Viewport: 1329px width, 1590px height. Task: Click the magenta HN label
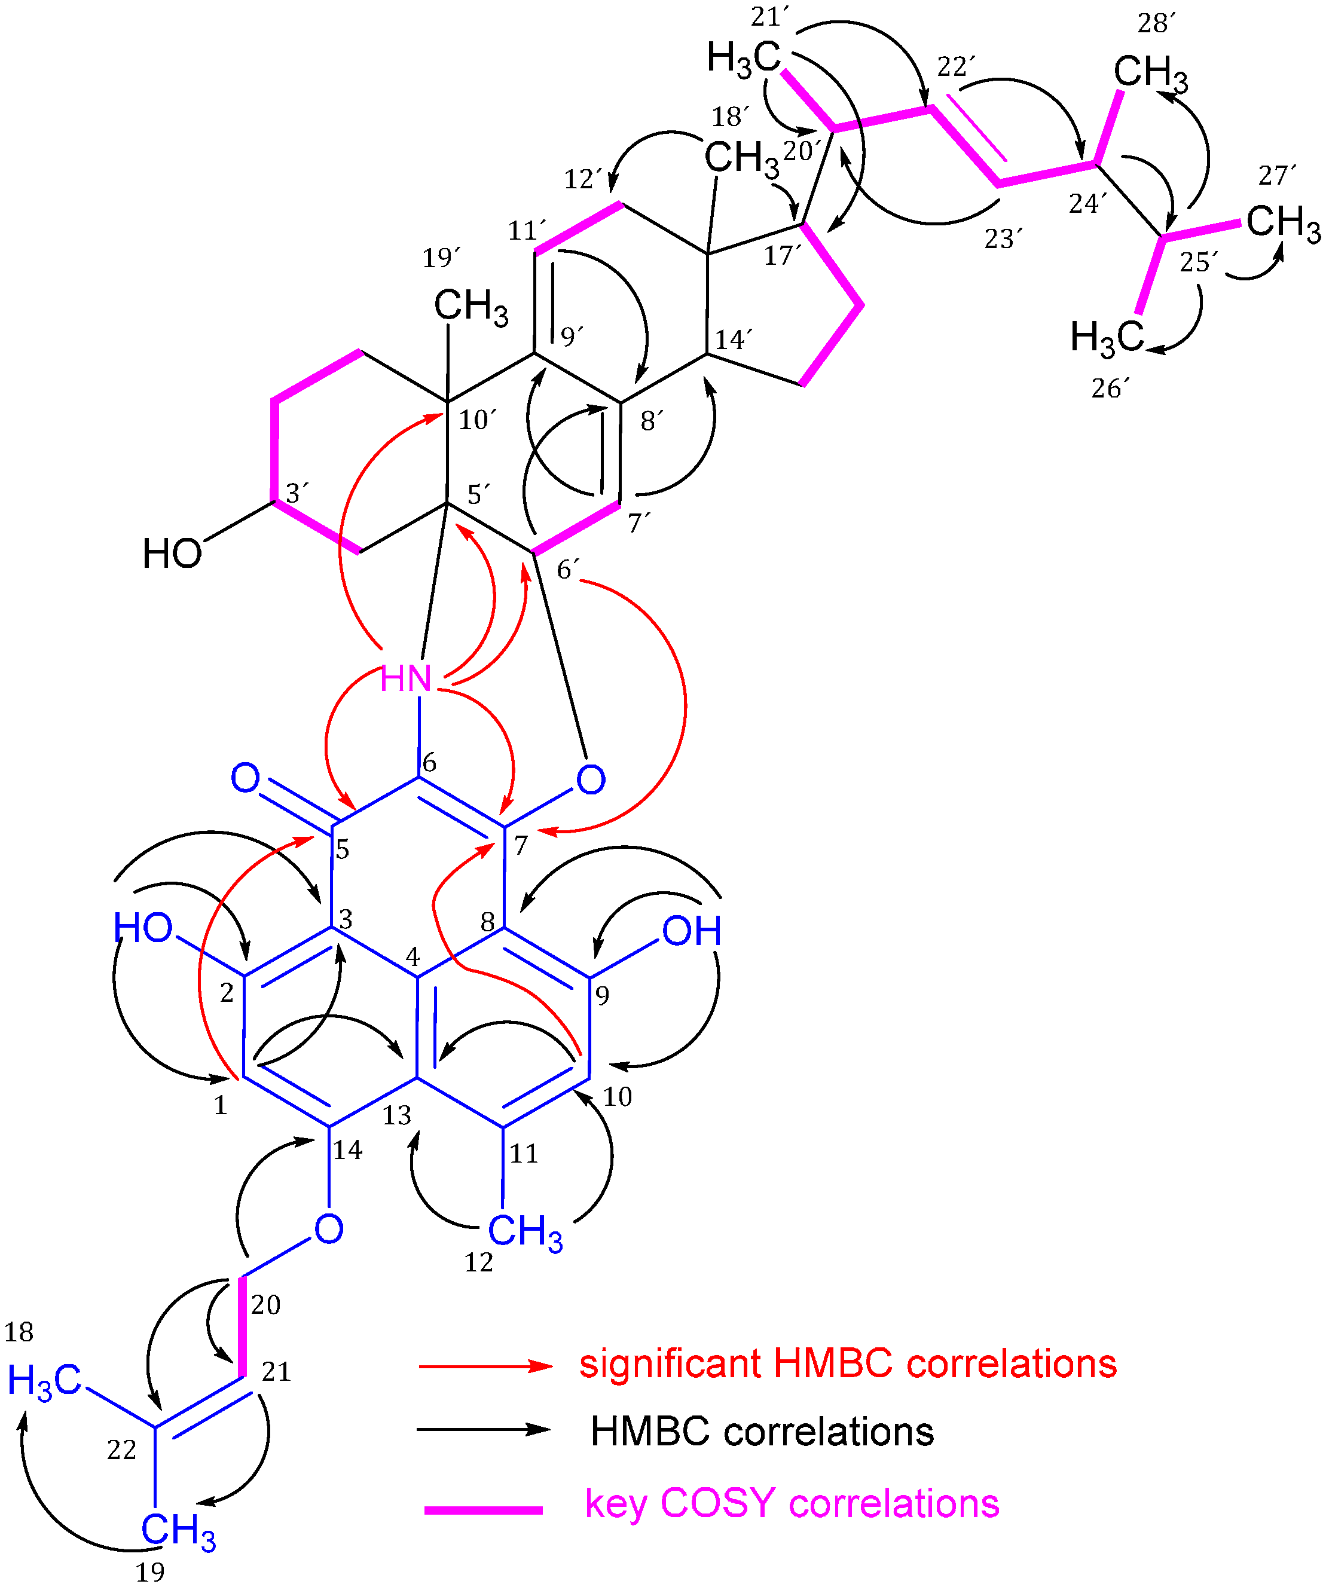tap(406, 678)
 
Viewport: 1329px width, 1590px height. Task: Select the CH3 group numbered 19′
tap(471, 307)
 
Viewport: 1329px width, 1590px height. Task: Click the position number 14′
tap(733, 340)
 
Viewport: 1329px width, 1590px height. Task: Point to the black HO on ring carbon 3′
tap(173, 554)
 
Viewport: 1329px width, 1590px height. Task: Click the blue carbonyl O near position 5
tap(245, 778)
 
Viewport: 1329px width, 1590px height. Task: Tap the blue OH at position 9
tap(691, 931)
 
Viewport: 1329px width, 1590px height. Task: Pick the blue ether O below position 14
tap(329, 1228)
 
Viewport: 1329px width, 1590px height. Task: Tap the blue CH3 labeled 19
tap(179, 1530)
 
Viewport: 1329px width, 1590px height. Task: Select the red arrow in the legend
tap(485, 1366)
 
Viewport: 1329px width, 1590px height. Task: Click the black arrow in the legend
tap(484, 1429)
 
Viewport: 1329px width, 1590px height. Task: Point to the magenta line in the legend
tap(483, 1510)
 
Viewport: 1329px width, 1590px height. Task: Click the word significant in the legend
tap(670, 1363)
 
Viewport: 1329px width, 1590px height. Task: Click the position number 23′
tap(1003, 239)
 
